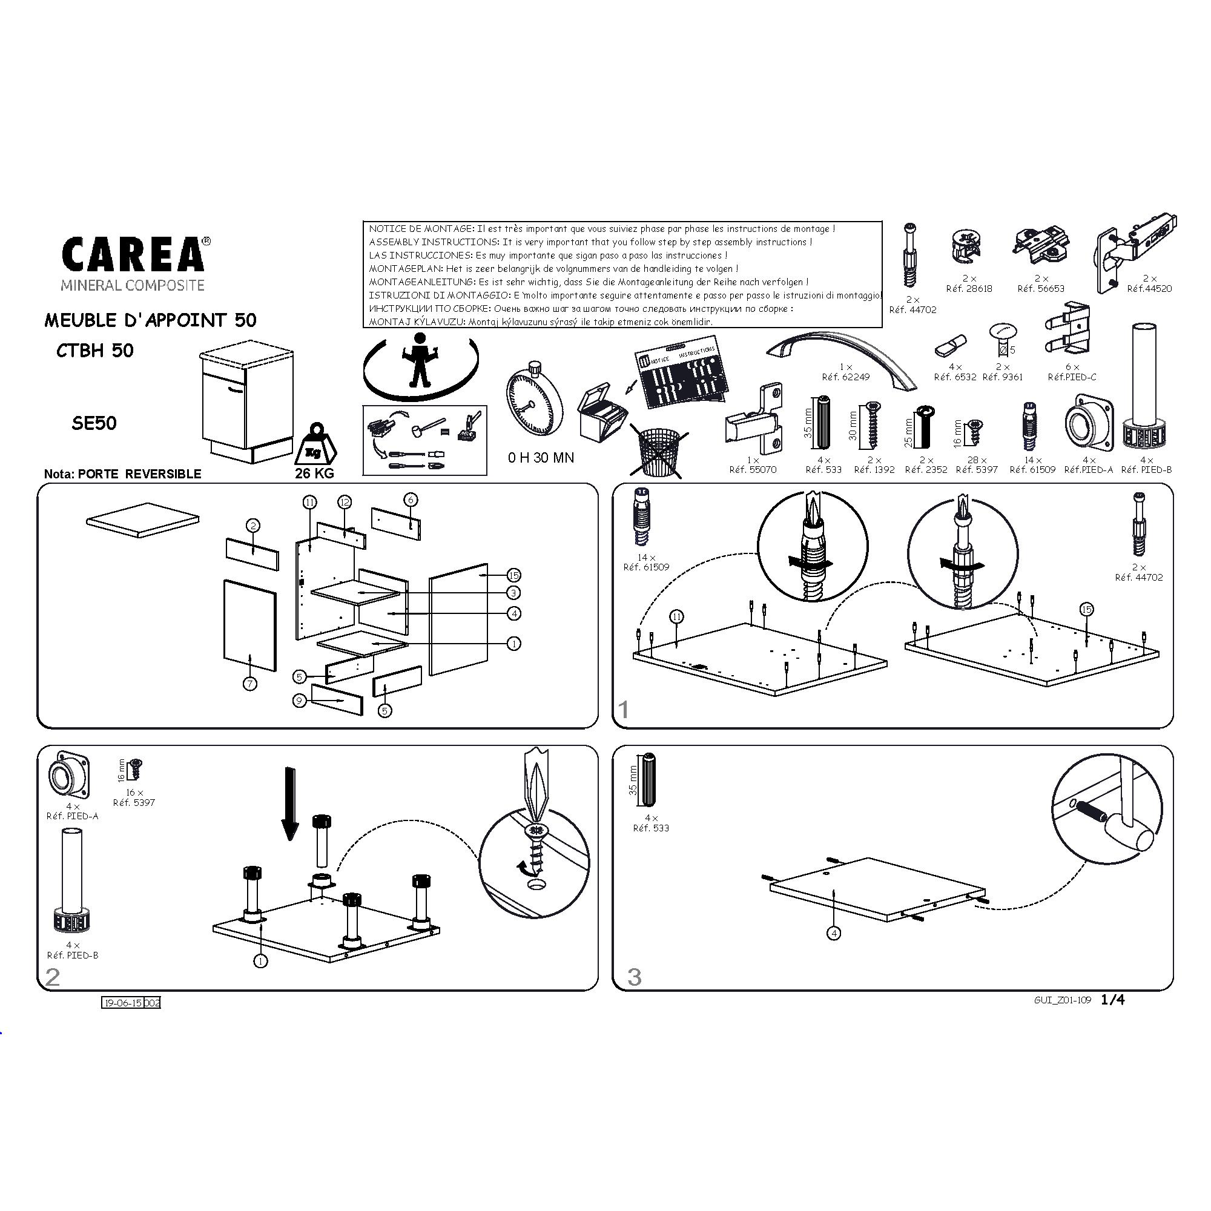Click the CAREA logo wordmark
tap(133, 254)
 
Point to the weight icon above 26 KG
tap(315, 443)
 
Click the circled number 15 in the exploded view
tap(513, 575)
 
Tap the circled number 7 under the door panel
tap(250, 684)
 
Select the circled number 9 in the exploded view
tap(300, 700)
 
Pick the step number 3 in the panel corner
tap(635, 977)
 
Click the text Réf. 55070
tap(753, 469)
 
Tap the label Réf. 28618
tap(969, 288)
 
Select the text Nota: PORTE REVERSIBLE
tap(123, 474)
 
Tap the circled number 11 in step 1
tap(676, 617)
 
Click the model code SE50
tap(94, 424)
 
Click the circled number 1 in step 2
tap(261, 960)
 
